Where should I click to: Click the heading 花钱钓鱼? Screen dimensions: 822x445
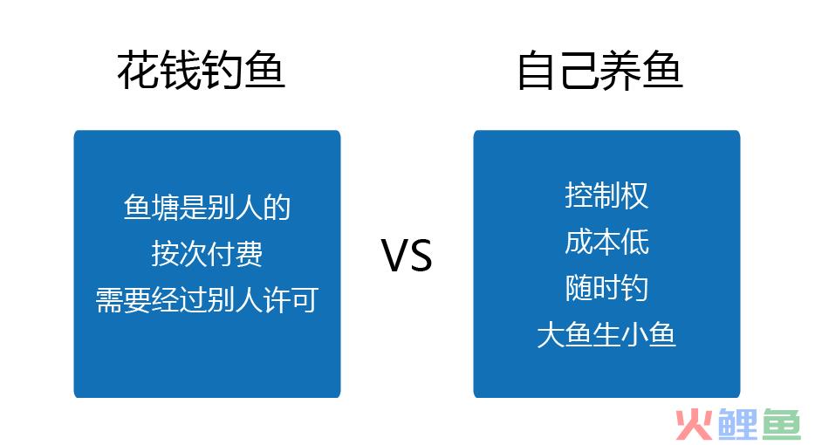pyautogui.click(x=201, y=70)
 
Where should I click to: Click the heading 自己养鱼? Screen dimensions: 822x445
pyautogui.click(x=600, y=70)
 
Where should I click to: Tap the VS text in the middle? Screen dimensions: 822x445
pyautogui.click(x=407, y=256)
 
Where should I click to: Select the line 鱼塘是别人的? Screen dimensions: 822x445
pyautogui.click(x=207, y=207)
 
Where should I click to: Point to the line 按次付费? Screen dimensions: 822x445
pyautogui.click(x=207, y=254)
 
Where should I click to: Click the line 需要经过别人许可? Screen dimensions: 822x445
pyautogui.click(x=207, y=300)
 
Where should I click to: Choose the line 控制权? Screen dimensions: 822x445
pyautogui.click(x=606, y=195)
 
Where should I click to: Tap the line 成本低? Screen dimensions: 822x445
pyautogui.click(x=606, y=242)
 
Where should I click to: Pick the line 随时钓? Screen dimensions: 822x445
pyautogui.click(x=606, y=288)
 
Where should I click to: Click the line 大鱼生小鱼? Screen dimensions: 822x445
pyautogui.click(x=606, y=334)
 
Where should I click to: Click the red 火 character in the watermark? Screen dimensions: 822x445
pyautogui.click(x=694, y=425)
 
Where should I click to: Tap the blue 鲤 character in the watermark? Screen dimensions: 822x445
pyautogui.click(x=738, y=424)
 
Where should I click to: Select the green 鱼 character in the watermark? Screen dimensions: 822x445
pyautogui.click(x=782, y=424)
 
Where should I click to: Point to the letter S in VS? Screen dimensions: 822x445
pyautogui.click(x=421, y=256)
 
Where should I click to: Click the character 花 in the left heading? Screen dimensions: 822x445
pyautogui.click(x=137, y=70)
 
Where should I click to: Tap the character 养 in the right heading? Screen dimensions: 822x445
pyautogui.click(x=621, y=70)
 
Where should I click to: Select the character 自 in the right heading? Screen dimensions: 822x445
pyautogui.click(x=537, y=71)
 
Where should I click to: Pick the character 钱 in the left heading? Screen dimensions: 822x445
pyautogui.click(x=180, y=70)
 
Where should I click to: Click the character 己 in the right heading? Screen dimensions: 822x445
pyautogui.click(x=579, y=71)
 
